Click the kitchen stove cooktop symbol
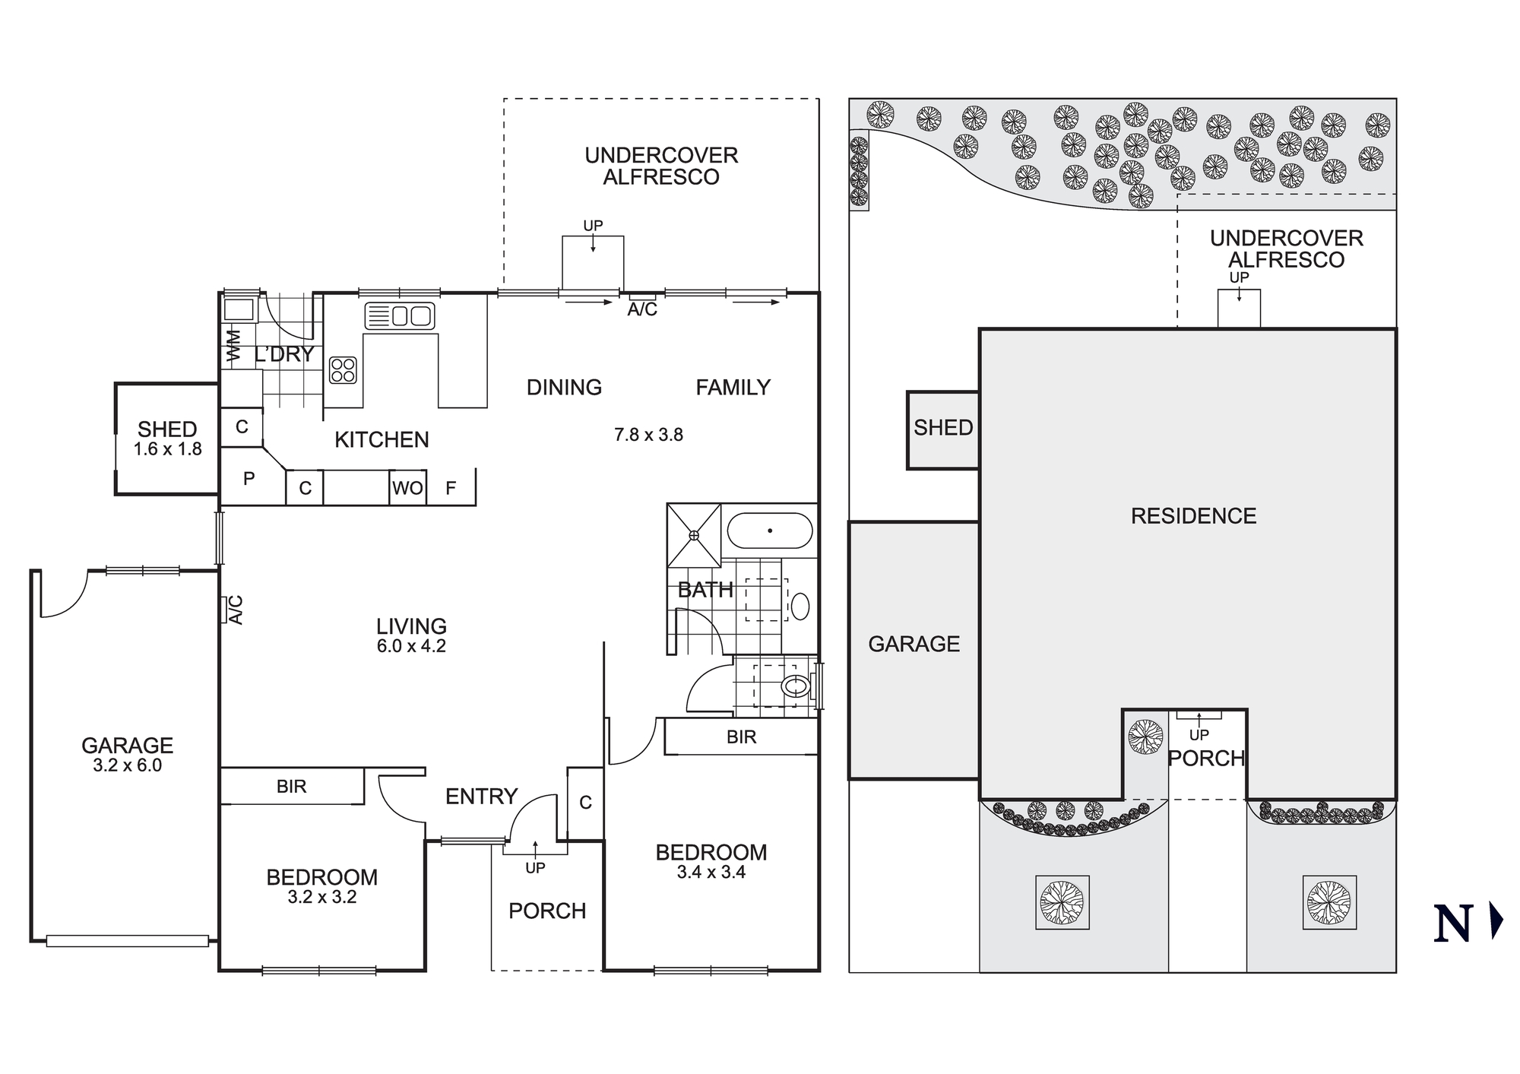coord(343,370)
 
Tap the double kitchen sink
coord(400,315)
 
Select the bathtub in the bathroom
coord(770,531)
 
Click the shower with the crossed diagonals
coord(694,535)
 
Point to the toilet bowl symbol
coord(795,686)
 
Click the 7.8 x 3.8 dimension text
coord(648,435)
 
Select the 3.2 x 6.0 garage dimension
coord(127,765)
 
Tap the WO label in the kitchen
coord(407,488)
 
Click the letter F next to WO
coord(451,488)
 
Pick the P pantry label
coord(249,478)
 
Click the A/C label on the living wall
coord(236,610)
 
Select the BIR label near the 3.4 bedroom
coord(741,737)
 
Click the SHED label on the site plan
coord(942,428)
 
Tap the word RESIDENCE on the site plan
coord(1193,516)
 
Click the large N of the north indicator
coord(1453,924)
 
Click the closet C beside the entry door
coord(585,802)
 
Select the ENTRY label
coord(481,796)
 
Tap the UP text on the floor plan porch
coord(535,868)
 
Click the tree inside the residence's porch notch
coord(1145,737)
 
